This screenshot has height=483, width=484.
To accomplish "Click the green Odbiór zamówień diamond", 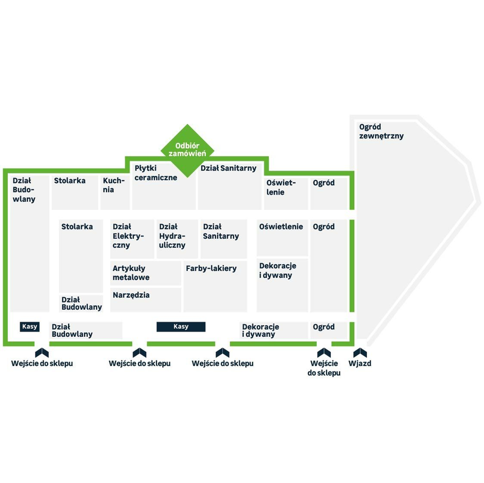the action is point(187,150).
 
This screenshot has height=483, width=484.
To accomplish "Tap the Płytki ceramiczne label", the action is point(156,173).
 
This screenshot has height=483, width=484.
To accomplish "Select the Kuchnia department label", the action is point(114,185).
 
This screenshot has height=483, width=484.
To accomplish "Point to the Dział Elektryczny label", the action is point(128,236).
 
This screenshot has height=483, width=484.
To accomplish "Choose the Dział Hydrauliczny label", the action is point(172,236).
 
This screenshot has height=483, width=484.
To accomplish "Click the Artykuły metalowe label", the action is point(131,273).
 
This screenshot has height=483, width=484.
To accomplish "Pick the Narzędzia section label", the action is point(131,295).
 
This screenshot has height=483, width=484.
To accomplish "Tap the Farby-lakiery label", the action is point(211,268).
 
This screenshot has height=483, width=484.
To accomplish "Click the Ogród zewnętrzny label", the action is point(381,131).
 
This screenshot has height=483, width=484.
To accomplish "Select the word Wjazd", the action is point(360,363).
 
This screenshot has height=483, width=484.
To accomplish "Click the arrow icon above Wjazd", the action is point(360,352).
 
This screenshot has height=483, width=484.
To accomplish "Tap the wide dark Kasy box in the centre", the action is point(181,327).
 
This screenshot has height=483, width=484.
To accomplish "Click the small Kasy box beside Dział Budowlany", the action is point(30,327).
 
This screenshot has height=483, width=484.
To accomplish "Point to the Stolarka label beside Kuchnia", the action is point(70,181).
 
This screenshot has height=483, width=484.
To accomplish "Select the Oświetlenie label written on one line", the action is point(281,227).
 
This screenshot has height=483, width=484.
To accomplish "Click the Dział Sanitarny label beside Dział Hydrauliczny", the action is point(221,231).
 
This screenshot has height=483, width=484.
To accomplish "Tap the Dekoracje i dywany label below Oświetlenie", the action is point(278,270).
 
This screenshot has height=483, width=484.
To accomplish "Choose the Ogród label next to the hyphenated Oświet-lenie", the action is point(323,183).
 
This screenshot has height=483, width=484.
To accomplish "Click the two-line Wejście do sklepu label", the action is point(324,368).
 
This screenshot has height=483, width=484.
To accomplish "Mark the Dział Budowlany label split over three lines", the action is point(24,190).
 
